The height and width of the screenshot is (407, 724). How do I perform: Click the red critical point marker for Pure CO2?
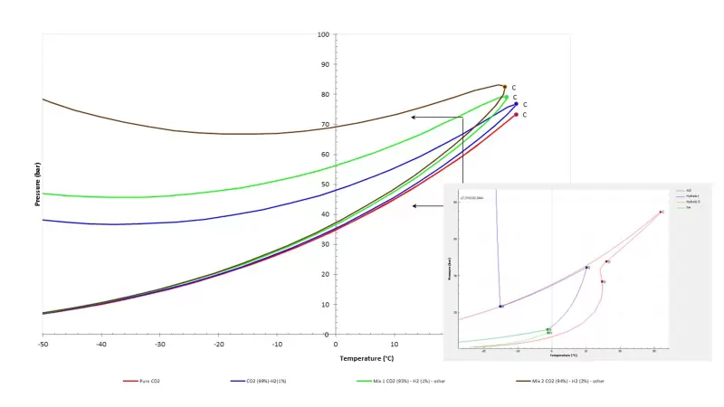point(516,114)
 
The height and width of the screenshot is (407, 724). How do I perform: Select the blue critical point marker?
point(516,104)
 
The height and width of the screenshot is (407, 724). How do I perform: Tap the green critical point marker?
point(507,97)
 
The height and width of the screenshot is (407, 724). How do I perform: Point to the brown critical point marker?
point(504,87)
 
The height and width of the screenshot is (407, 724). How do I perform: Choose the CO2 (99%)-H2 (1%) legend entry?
point(268,381)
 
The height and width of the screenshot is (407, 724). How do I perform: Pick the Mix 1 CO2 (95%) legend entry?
point(400,381)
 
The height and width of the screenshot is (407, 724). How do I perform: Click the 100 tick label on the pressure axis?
point(323,35)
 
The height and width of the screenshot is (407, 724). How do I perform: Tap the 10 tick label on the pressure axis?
point(325,305)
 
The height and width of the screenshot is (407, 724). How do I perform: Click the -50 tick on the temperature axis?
point(43,344)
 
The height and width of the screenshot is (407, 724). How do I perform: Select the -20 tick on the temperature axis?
point(218,344)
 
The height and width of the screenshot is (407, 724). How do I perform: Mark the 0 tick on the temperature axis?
point(336,344)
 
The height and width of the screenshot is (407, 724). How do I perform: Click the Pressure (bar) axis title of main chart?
point(37,185)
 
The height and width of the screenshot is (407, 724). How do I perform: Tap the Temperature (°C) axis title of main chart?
point(367,358)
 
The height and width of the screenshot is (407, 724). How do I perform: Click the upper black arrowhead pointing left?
point(414,118)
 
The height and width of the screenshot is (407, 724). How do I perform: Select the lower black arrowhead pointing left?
point(414,206)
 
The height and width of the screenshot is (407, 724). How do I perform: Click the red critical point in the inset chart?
point(662,212)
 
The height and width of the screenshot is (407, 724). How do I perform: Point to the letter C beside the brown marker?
point(513,88)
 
